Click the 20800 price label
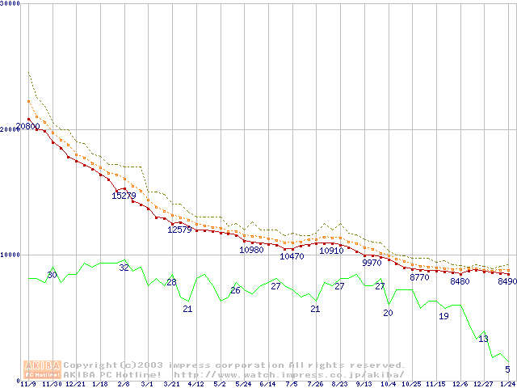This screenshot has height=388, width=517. click(27, 127)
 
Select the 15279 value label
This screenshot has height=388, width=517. click(124, 196)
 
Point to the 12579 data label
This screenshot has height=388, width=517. click(179, 230)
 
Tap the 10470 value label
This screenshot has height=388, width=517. click(292, 256)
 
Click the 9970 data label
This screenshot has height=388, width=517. click(372, 263)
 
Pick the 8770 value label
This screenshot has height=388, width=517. click(420, 277)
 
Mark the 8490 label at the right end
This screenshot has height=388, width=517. click(507, 282)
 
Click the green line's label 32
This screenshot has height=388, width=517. click(124, 268)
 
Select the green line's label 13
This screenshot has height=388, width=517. click(483, 339)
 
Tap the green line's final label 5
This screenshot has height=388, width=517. click(507, 369)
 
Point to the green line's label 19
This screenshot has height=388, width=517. click(443, 316)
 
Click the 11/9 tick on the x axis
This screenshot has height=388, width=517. click(27, 384)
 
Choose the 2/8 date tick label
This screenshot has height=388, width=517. click(124, 384)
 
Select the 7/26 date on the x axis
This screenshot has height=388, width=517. click(316, 384)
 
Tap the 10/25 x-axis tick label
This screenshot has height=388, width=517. click(411, 384)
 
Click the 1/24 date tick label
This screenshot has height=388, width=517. click(507, 384)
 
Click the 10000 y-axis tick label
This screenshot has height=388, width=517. click(11, 255)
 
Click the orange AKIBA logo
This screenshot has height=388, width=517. click(43, 369)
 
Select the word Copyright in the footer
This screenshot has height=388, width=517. click(88, 365)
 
